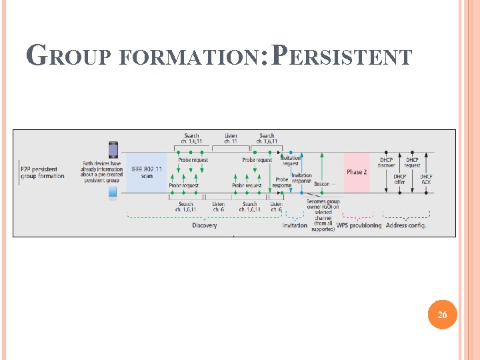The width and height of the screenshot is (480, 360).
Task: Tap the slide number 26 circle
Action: pos(443,315)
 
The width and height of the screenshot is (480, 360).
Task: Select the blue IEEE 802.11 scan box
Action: pos(147,172)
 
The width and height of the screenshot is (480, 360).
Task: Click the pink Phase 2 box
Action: pos(357,172)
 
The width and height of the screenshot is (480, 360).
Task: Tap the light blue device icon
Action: pos(113,194)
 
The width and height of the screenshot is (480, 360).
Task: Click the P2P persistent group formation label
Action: pos(43,173)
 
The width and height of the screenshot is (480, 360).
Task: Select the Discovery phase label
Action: pos(204,225)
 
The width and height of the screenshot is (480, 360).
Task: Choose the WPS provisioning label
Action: pos(359,225)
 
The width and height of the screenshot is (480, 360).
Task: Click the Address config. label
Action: pos(406,225)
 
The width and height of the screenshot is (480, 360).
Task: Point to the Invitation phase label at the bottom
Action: pos(295,225)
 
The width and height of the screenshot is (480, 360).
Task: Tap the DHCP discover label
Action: pos(387,163)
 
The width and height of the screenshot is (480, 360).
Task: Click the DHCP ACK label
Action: pos(426,179)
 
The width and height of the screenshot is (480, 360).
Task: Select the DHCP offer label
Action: pos(399,179)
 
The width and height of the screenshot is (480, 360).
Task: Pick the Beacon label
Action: pos(323,184)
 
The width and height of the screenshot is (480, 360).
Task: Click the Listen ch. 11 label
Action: pos(231,139)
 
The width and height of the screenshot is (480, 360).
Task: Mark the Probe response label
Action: pos(282,182)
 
